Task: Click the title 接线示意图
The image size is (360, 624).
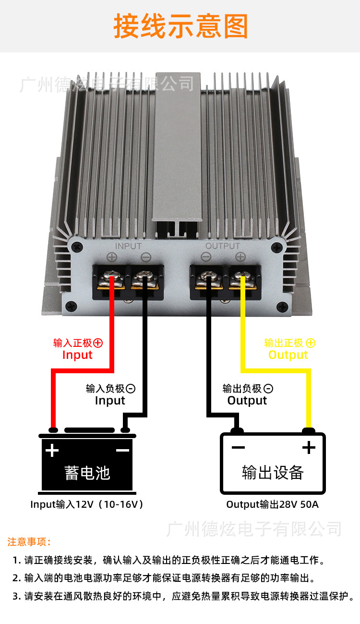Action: [x=180, y=26]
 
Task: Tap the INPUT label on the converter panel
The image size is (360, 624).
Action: [x=128, y=246]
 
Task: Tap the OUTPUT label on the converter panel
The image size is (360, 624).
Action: [x=222, y=246]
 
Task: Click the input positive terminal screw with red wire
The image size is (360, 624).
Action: [x=112, y=277]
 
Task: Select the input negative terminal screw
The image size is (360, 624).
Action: [x=143, y=277]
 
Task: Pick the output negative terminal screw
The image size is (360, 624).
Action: [x=209, y=277]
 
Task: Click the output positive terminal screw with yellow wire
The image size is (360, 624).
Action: [x=240, y=277]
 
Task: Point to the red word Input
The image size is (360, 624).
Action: [x=77, y=355]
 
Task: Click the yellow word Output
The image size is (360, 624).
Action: [x=288, y=355]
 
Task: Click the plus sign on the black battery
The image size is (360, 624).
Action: [x=52, y=450]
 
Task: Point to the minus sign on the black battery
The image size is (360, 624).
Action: [x=122, y=450]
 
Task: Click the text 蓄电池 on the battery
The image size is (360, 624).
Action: [x=87, y=473]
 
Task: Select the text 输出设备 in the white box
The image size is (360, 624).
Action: [x=273, y=473]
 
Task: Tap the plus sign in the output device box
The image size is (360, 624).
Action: [x=309, y=448]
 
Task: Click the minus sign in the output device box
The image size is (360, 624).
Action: [x=238, y=448]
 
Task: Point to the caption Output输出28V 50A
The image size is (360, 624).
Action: [x=272, y=505]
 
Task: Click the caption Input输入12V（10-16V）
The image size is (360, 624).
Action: [x=87, y=505]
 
